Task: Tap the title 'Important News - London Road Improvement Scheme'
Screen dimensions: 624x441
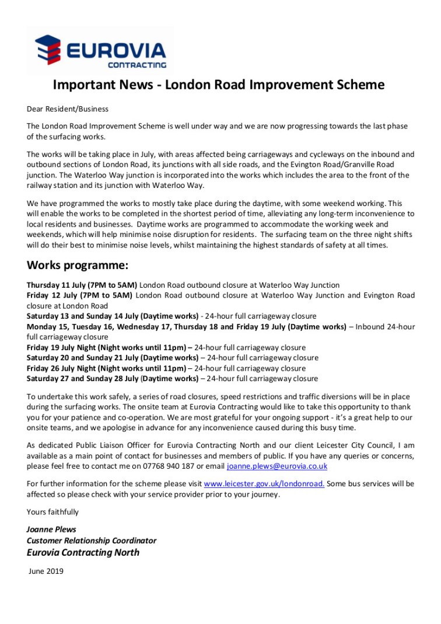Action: coord(219,85)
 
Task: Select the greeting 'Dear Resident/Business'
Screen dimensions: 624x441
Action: coord(68,109)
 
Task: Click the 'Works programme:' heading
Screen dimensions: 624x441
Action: coord(77,266)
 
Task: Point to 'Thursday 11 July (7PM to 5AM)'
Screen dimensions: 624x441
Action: coord(82,285)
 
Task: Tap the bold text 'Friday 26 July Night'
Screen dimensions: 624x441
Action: coord(61,368)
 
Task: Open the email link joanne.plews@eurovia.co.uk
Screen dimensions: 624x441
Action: coord(277,466)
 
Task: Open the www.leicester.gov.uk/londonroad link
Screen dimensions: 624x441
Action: coord(264,484)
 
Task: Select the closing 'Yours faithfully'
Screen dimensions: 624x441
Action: coord(52,512)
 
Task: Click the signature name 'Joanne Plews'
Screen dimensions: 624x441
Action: coord(51,530)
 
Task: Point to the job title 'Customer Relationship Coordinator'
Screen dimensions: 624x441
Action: coord(92,541)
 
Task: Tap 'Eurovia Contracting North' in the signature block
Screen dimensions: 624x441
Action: coord(83,552)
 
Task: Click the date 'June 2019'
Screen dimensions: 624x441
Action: coord(46,571)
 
